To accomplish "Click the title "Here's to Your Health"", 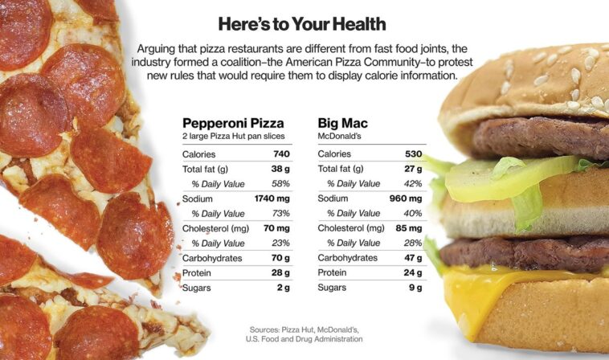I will (x=301, y=23).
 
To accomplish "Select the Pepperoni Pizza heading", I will (x=233, y=123).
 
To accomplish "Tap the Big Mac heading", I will (x=342, y=123).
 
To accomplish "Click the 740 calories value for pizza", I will (x=280, y=154).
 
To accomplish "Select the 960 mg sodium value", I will (x=406, y=198).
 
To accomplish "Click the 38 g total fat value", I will (x=280, y=169).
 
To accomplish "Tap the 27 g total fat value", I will (x=413, y=169).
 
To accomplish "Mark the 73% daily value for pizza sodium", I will (x=280, y=214).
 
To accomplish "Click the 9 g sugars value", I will (x=415, y=288).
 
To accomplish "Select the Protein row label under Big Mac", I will (x=334, y=272).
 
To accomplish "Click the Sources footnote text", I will (x=304, y=334).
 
